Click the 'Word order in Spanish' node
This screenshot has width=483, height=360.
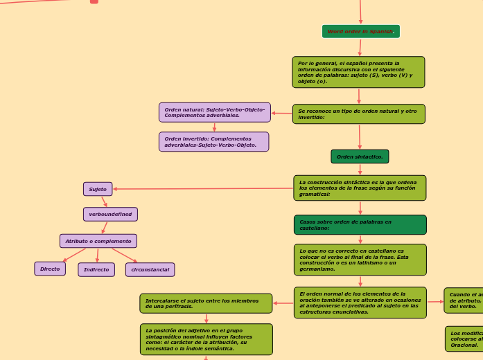[360, 32]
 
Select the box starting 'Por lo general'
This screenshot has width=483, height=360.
[358, 72]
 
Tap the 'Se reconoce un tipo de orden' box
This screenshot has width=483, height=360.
[358, 114]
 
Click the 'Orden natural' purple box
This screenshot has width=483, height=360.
[214, 112]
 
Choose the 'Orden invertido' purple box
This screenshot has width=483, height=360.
[213, 142]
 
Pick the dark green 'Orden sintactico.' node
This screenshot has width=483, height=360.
[360, 157]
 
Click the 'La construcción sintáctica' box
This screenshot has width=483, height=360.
[360, 188]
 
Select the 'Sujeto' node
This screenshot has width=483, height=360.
[98, 189]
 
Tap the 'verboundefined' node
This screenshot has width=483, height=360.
[110, 215]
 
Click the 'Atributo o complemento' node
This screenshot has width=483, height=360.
[98, 241]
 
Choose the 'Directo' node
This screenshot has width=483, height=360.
[50, 269]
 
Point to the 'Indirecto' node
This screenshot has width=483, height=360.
[96, 270]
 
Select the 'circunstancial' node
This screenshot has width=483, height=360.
[150, 270]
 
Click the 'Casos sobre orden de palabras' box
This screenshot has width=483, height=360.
[360, 225]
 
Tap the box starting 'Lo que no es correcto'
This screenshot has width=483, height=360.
[360, 260]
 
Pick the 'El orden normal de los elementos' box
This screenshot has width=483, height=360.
[360, 303]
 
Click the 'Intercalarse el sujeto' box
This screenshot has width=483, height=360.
[206, 303]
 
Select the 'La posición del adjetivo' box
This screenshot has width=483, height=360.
[206, 339]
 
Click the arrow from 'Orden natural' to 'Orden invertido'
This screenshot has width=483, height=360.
[214, 127]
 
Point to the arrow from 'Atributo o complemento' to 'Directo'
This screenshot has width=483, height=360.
[74, 254]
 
